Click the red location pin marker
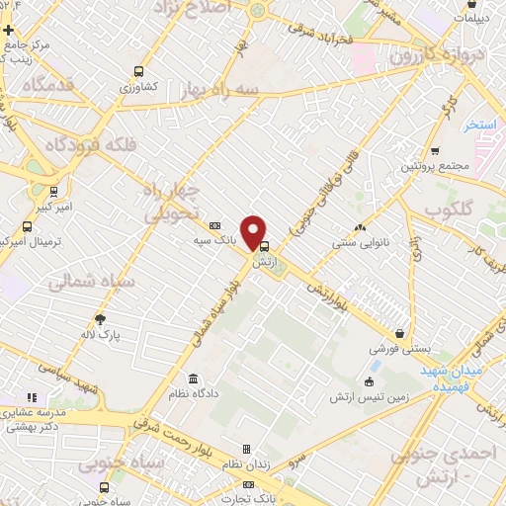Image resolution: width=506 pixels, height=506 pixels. tap(255, 231)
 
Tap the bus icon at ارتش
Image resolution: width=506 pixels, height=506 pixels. tap(263, 248)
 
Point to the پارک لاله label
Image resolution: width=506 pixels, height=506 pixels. tap(101, 334)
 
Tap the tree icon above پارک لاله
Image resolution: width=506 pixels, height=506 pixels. tap(100, 318)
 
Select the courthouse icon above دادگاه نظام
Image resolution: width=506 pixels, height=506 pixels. tap(192, 379)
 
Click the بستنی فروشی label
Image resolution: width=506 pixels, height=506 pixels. tap(398, 349)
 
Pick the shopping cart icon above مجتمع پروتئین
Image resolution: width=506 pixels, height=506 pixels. tap(435, 150)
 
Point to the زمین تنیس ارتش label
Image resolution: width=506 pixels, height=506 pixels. tap(369, 397)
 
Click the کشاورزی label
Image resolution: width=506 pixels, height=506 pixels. tap(138, 88)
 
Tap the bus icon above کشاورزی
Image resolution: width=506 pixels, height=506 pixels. tap(138, 71)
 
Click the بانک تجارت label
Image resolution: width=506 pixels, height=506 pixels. tap(251, 500)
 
